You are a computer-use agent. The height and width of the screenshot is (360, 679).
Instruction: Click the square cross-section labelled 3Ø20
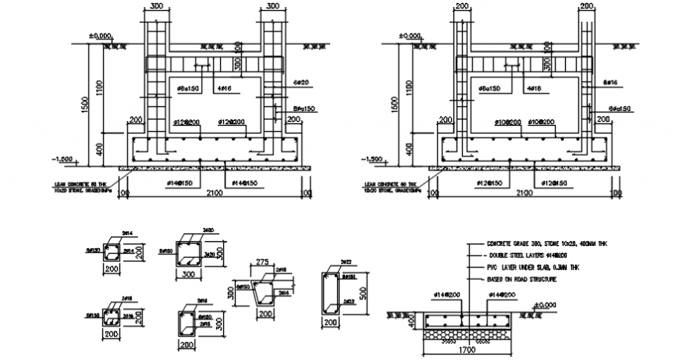(191, 255)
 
